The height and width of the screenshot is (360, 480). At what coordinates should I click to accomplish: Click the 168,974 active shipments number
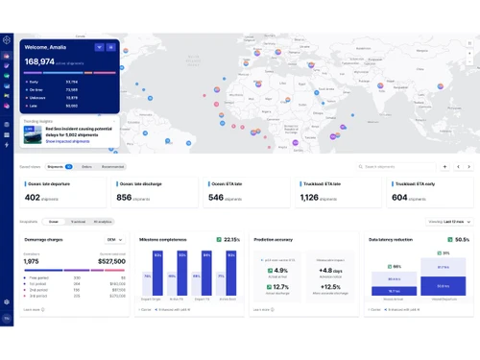coord(45,60)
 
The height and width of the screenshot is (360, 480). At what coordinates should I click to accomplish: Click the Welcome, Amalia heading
coord(47,45)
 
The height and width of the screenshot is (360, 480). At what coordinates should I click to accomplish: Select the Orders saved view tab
coord(86,166)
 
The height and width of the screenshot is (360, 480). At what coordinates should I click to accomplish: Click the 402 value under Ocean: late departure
coord(33,197)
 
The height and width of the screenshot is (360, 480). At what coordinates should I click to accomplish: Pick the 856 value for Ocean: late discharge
coord(124,197)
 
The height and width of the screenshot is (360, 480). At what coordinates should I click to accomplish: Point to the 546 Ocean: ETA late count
coord(216,197)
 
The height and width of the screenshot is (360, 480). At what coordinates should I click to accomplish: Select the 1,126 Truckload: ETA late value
coord(309,197)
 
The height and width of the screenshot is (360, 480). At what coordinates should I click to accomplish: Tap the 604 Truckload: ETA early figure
coord(399,197)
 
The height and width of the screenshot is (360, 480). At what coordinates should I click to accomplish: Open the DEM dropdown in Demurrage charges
coord(113,239)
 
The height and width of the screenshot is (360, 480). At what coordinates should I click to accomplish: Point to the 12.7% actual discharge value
coord(279,286)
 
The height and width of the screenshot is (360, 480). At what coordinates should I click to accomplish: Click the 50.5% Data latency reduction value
coord(461,239)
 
